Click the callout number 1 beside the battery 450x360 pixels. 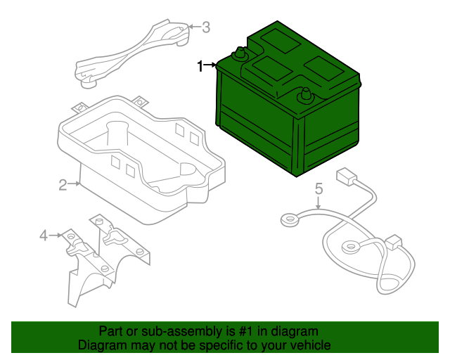[x=200, y=66]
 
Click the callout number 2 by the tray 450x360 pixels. [x=63, y=185]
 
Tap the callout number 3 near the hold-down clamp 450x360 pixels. [x=205, y=27]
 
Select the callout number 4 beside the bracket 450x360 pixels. [x=44, y=236]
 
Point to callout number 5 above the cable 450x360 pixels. [x=318, y=188]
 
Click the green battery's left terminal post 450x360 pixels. [x=240, y=53]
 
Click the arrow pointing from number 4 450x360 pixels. [x=56, y=236]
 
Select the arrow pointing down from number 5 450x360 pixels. [x=318, y=204]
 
